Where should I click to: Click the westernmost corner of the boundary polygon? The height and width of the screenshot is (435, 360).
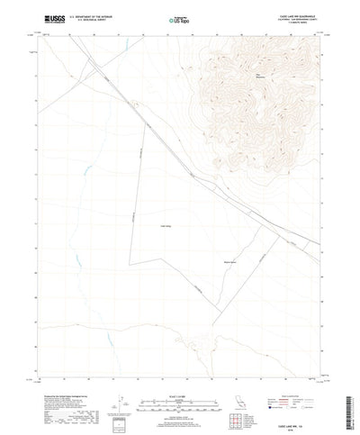coord(129,263)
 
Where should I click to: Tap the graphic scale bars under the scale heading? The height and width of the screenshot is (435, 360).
coord(180,396)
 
